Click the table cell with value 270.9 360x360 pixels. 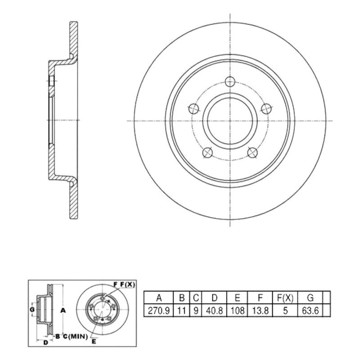pyautogui.click(x=159, y=310)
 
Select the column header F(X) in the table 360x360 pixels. pyautogui.click(x=285, y=298)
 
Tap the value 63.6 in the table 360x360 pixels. pyautogui.click(x=310, y=310)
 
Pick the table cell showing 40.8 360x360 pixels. pyautogui.click(x=214, y=310)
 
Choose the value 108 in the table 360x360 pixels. pyautogui.click(x=237, y=310)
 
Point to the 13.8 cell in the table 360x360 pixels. pyautogui.click(x=260, y=310)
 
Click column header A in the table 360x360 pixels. pyautogui.click(x=159, y=298)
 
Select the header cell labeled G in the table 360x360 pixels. pyautogui.click(x=310, y=298)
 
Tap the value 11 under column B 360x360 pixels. pyautogui.click(x=182, y=310)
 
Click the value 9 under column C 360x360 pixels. pyautogui.click(x=196, y=310)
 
